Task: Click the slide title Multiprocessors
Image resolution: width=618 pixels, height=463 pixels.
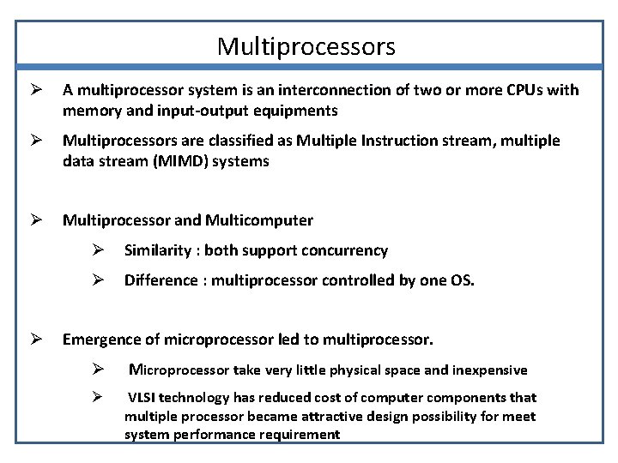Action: click(306, 45)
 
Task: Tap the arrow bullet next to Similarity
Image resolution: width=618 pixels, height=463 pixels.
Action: click(98, 250)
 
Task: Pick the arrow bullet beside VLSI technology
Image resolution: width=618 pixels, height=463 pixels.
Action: click(98, 397)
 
